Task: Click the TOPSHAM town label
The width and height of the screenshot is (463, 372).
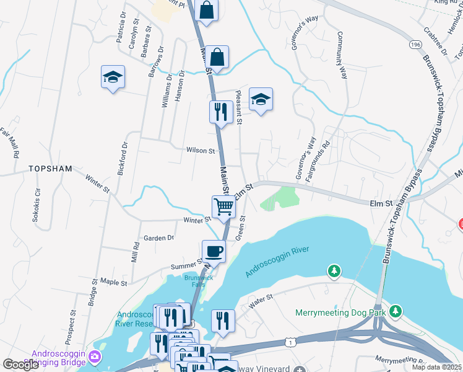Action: click(51, 169)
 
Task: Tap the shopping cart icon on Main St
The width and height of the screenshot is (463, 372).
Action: click(223, 206)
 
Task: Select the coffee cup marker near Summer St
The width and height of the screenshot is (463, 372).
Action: click(214, 251)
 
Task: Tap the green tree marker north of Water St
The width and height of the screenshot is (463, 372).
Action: click(334, 271)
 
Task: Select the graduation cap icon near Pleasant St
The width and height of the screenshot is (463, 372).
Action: click(261, 99)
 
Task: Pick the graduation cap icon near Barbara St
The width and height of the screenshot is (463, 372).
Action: click(113, 77)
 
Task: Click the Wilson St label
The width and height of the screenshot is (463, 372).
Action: click(201, 150)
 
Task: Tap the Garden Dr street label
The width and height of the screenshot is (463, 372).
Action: click(158, 237)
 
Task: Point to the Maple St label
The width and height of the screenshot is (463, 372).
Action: click(113, 282)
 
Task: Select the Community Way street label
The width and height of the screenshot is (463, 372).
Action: click(342, 56)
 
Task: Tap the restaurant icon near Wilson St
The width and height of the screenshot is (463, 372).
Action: click(220, 112)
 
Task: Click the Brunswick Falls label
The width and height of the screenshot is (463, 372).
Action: click(199, 280)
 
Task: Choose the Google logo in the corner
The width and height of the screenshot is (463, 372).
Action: click(21, 365)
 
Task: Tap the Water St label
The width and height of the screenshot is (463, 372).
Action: click(261, 301)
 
